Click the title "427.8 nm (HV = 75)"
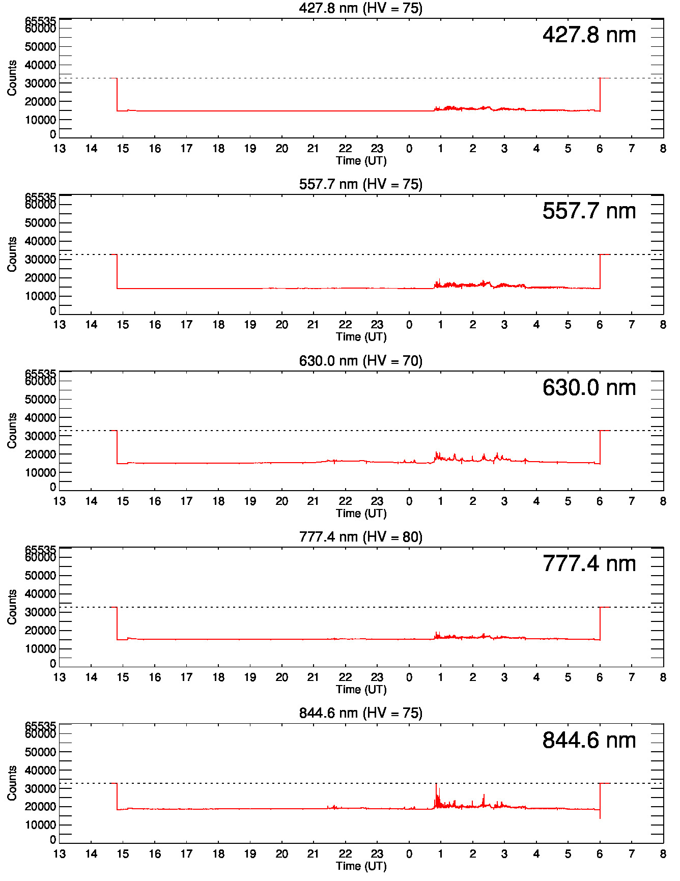click(x=360, y=8)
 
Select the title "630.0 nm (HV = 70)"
click(x=360, y=361)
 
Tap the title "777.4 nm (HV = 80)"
click(x=360, y=537)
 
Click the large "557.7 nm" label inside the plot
click(x=589, y=211)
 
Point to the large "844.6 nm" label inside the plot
click(x=589, y=741)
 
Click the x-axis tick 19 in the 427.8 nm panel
click(x=250, y=149)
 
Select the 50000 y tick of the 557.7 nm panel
click(x=40, y=223)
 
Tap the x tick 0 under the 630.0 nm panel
click(x=409, y=501)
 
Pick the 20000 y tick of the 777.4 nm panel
click(x=40, y=631)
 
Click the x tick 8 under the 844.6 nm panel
click(x=663, y=854)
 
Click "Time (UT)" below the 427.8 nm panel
click(x=361, y=161)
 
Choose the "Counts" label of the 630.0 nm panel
click(x=12, y=431)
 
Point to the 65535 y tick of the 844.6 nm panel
click(x=40, y=725)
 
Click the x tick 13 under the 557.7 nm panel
click(x=60, y=325)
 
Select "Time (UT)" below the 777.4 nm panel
click(x=361, y=690)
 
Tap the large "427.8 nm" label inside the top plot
click(x=589, y=35)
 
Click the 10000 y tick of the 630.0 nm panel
click(x=40, y=473)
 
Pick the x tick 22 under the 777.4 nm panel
click(x=345, y=677)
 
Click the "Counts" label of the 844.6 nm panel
click(x=12, y=783)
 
